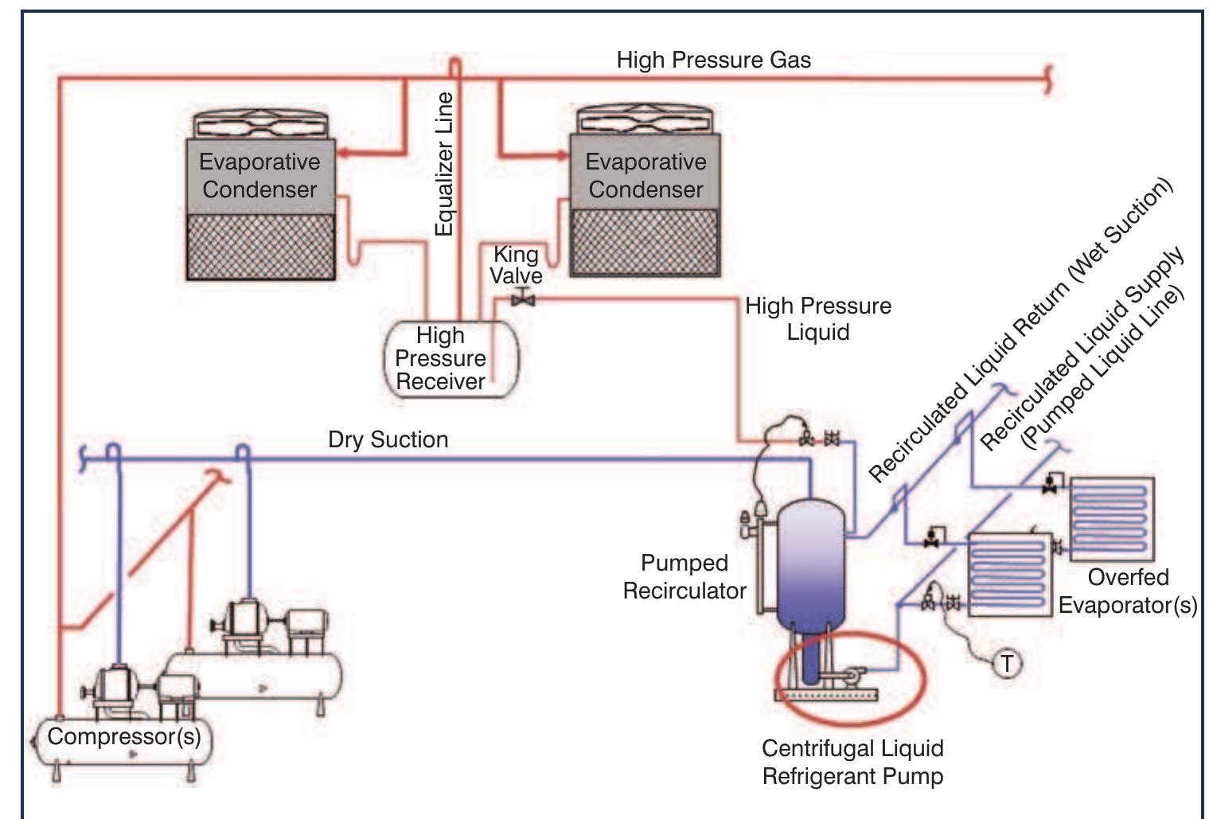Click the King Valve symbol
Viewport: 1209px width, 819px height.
coord(523,299)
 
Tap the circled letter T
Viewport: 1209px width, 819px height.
coord(1007,663)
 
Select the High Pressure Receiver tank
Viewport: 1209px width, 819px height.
coord(450,359)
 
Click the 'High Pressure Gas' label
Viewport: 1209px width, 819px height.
coord(713,60)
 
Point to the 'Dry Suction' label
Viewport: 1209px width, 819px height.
coord(388,440)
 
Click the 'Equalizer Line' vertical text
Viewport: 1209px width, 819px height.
coord(444,163)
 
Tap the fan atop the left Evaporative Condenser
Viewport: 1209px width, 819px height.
coord(260,125)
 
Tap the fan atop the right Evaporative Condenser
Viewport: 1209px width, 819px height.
coord(645,120)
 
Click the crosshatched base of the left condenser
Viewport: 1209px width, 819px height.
coord(260,247)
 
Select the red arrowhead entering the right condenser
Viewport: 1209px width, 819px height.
coord(562,154)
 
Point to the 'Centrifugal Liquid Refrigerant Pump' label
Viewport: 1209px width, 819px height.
coord(852,762)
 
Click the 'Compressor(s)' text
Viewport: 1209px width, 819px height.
coord(124,736)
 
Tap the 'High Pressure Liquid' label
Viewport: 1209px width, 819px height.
coord(817,318)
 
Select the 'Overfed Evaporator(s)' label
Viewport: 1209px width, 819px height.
coord(1127,591)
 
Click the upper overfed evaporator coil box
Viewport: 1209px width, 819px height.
coord(1111,517)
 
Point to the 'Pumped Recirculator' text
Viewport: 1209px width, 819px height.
coord(684,576)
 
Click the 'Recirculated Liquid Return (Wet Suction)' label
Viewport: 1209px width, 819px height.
coord(1020,330)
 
